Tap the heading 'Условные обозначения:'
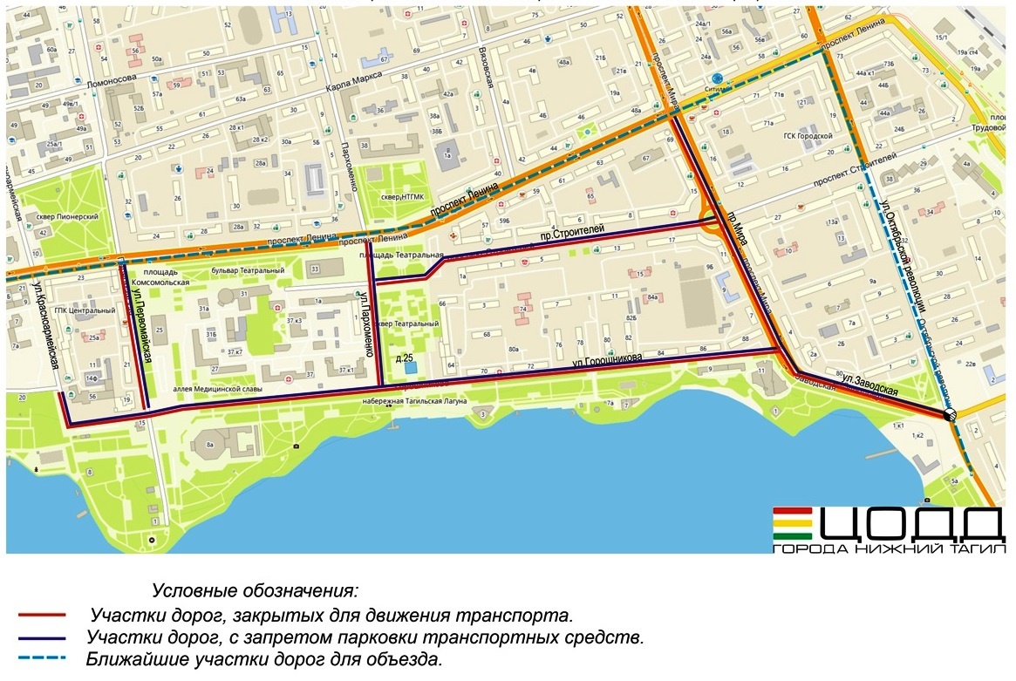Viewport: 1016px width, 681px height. point(255,591)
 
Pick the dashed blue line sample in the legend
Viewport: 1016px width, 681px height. point(43,659)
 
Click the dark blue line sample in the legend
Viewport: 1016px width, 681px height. point(43,637)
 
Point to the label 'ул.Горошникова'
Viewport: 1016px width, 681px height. point(607,360)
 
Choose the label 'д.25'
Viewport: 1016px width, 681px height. point(403,359)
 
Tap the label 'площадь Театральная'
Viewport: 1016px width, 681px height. point(395,254)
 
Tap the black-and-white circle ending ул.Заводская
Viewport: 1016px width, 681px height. point(951,415)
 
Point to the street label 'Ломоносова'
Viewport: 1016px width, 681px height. point(113,85)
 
